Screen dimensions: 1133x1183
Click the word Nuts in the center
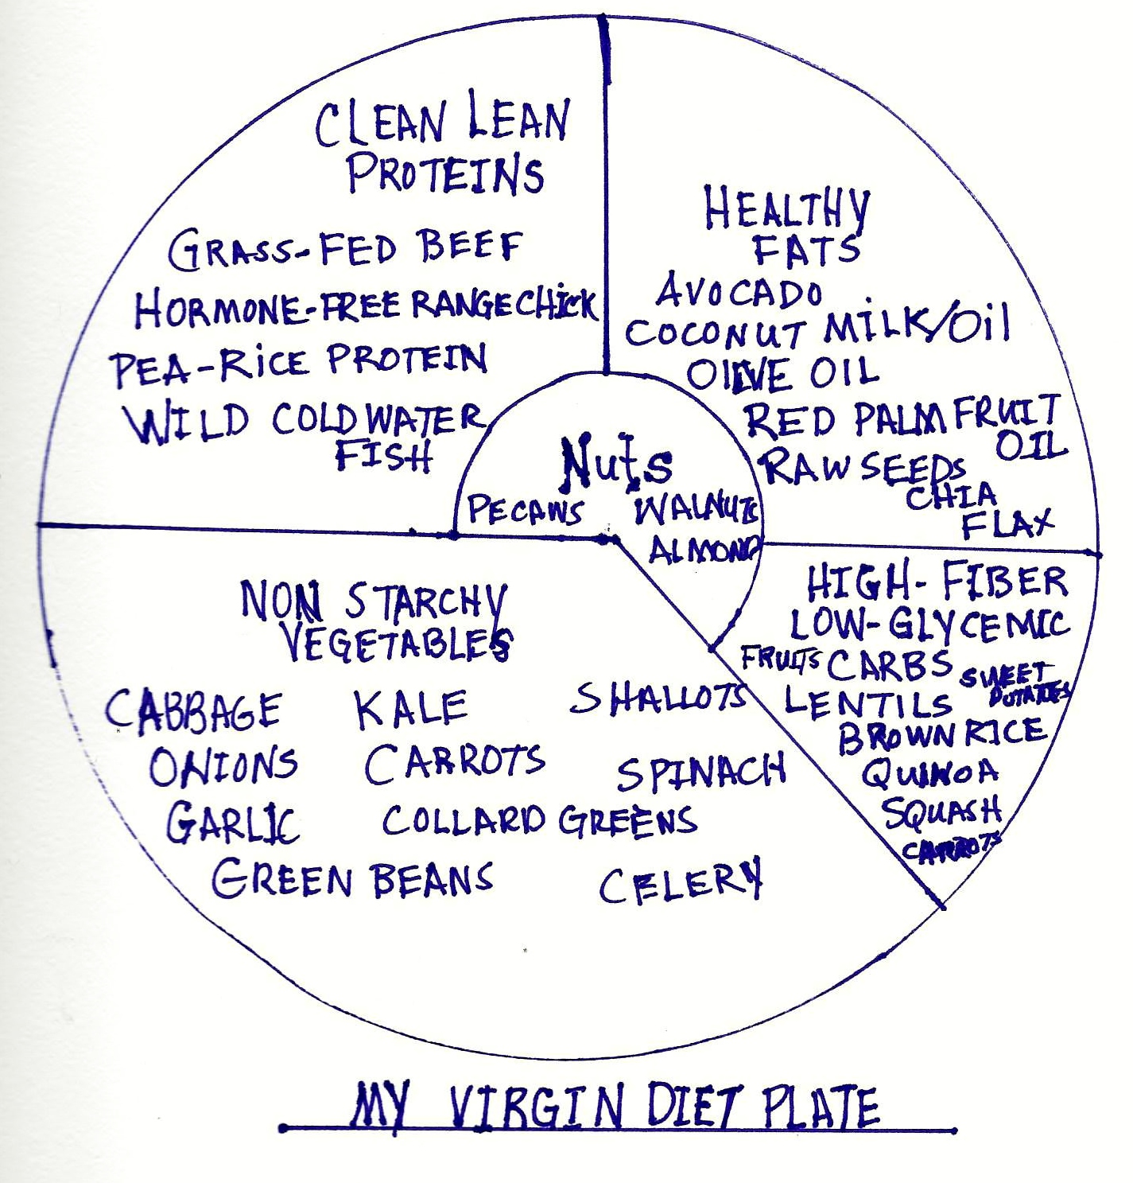(x=616, y=461)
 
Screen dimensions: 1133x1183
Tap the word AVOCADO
(x=739, y=292)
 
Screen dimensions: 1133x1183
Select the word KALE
(x=411, y=710)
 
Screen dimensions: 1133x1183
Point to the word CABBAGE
(x=193, y=710)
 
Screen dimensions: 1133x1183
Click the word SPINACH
(x=701, y=772)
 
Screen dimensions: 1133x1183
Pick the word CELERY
(x=680, y=881)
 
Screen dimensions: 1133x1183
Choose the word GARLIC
(x=232, y=822)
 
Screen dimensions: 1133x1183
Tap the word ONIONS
(x=223, y=766)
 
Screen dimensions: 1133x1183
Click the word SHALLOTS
(x=659, y=698)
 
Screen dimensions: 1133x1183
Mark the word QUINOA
(x=929, y=772)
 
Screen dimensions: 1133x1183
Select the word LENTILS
(x=867, y=702)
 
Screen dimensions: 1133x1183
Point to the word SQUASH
(x=941, y=811)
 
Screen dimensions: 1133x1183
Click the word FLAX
(x=1007, y=523)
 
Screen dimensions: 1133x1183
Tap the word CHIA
(x=951, y=496)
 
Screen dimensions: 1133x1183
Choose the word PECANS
(x=526, y=510)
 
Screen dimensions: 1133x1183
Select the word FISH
(x=383, y=456)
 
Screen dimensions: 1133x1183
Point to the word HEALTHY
(x=786, y=208)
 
